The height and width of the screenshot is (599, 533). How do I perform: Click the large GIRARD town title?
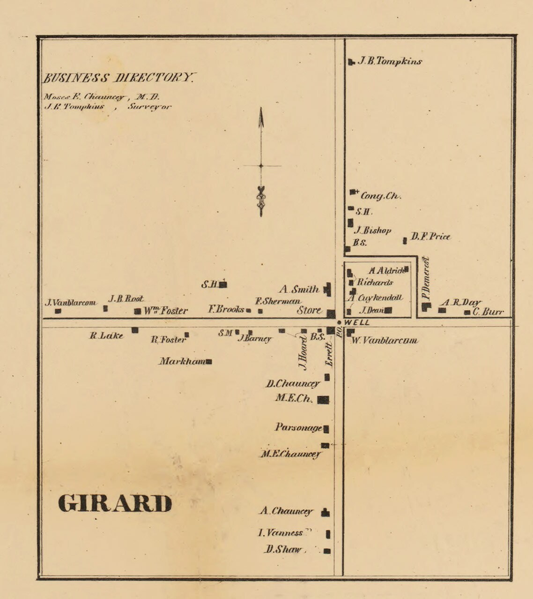click(x=115, y=504)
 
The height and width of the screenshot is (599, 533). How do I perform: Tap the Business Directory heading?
click(x=119, y=78)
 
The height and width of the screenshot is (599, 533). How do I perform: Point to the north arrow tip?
click(x=261, y=109)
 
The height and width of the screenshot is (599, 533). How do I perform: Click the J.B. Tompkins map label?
click(x=390, y=61)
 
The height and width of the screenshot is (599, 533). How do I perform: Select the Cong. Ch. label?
click(x=381, y=196)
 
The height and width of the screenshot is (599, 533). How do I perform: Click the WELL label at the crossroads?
click(x=357, y=323)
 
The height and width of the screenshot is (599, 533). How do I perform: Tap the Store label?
click(x=309, y=310)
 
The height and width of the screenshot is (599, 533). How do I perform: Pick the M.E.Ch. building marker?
click(x=323, y=400)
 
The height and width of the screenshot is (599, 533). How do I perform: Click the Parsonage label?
click(x=298, y=427)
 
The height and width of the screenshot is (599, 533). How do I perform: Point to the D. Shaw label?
click(x=283, y=550)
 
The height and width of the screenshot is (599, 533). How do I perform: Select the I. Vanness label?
click(x=281, y=533)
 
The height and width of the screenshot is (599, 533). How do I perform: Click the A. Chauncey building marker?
click(x=326, y=512)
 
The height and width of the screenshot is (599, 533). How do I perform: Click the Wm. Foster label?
click(x=165, y=311)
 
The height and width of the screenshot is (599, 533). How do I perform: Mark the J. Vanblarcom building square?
click(x=58, y=310)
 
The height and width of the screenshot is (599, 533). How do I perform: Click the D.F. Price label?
click(x=430, y=237)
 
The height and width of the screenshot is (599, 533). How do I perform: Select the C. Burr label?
click(x=488, y=312)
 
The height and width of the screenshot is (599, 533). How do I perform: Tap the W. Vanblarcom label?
click(x=384, y=341)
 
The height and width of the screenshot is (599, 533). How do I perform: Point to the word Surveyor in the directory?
click(x=149, y=107)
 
